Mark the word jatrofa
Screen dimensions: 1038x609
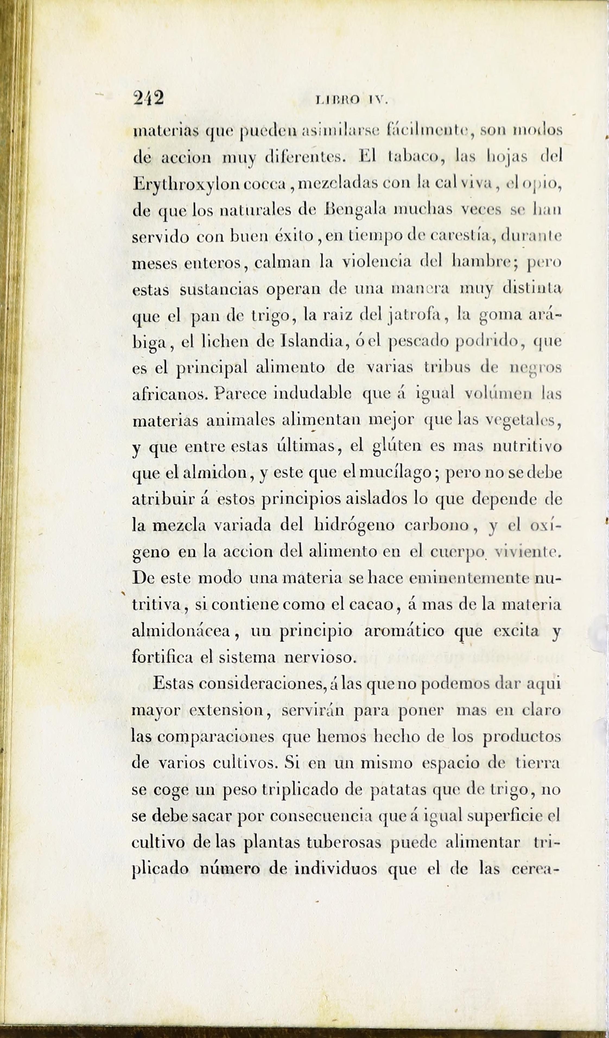[415, 316]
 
